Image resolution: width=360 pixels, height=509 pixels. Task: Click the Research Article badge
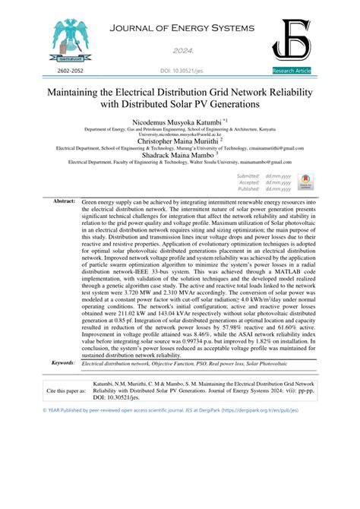291,70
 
